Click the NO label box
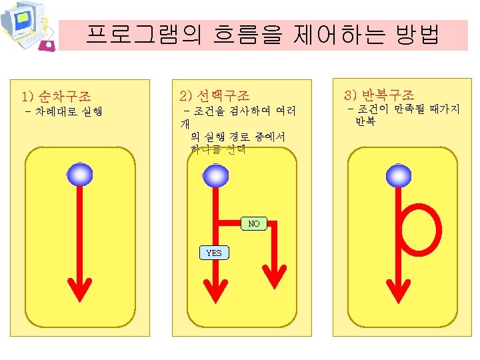pos(254,224)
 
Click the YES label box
pos(214,253)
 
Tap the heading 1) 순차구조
pos(57,96)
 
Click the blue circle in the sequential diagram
pos(80,175)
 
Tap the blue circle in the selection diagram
pos(215,175)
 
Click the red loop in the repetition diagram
pos(421,227)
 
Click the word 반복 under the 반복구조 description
pos(365,121)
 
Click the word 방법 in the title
pos(417,35)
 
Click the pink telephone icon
pos(47,45)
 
